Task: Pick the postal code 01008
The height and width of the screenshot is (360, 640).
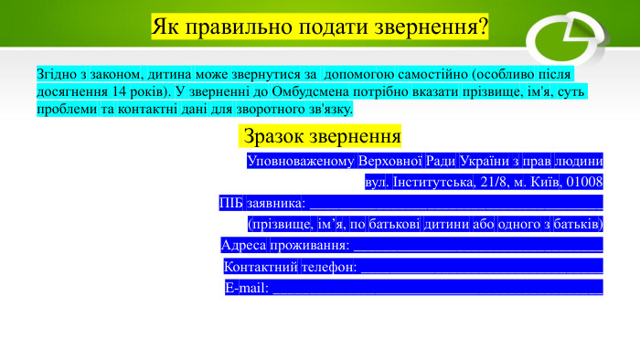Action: click(584, 182)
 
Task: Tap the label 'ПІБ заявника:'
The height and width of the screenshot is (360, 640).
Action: click(262, 203)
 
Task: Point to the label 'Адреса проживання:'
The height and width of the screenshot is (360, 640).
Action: click(286, 245)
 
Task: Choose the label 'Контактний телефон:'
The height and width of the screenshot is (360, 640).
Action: click(291, 267)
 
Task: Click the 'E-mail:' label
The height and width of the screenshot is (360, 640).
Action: click(247, 288)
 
